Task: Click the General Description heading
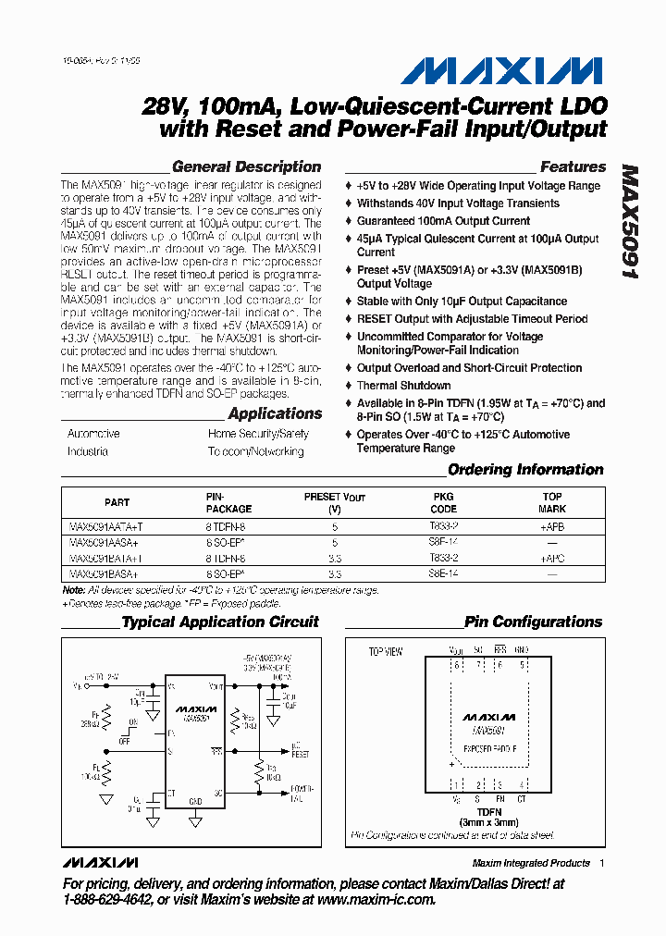tap(247, 167)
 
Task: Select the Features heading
tap(573, 167)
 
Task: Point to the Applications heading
tap(275, 414)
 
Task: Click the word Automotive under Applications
tap(93, 434)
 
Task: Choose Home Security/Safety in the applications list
tap(258, 434)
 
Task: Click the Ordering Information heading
tap(525, 470)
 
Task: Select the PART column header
tap(117, 503)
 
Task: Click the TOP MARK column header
tap(552, 503)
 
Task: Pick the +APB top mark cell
tap(552, 527)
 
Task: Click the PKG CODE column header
tap(444, 503)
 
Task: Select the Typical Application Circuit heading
tap(220, 622)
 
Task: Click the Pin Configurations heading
tap(533, 622)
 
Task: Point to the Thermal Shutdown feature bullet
tap(404, 386)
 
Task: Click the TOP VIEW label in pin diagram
tap(386, 652)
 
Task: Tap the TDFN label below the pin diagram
tap(489, 812)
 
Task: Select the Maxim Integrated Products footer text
tap(531, 863)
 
